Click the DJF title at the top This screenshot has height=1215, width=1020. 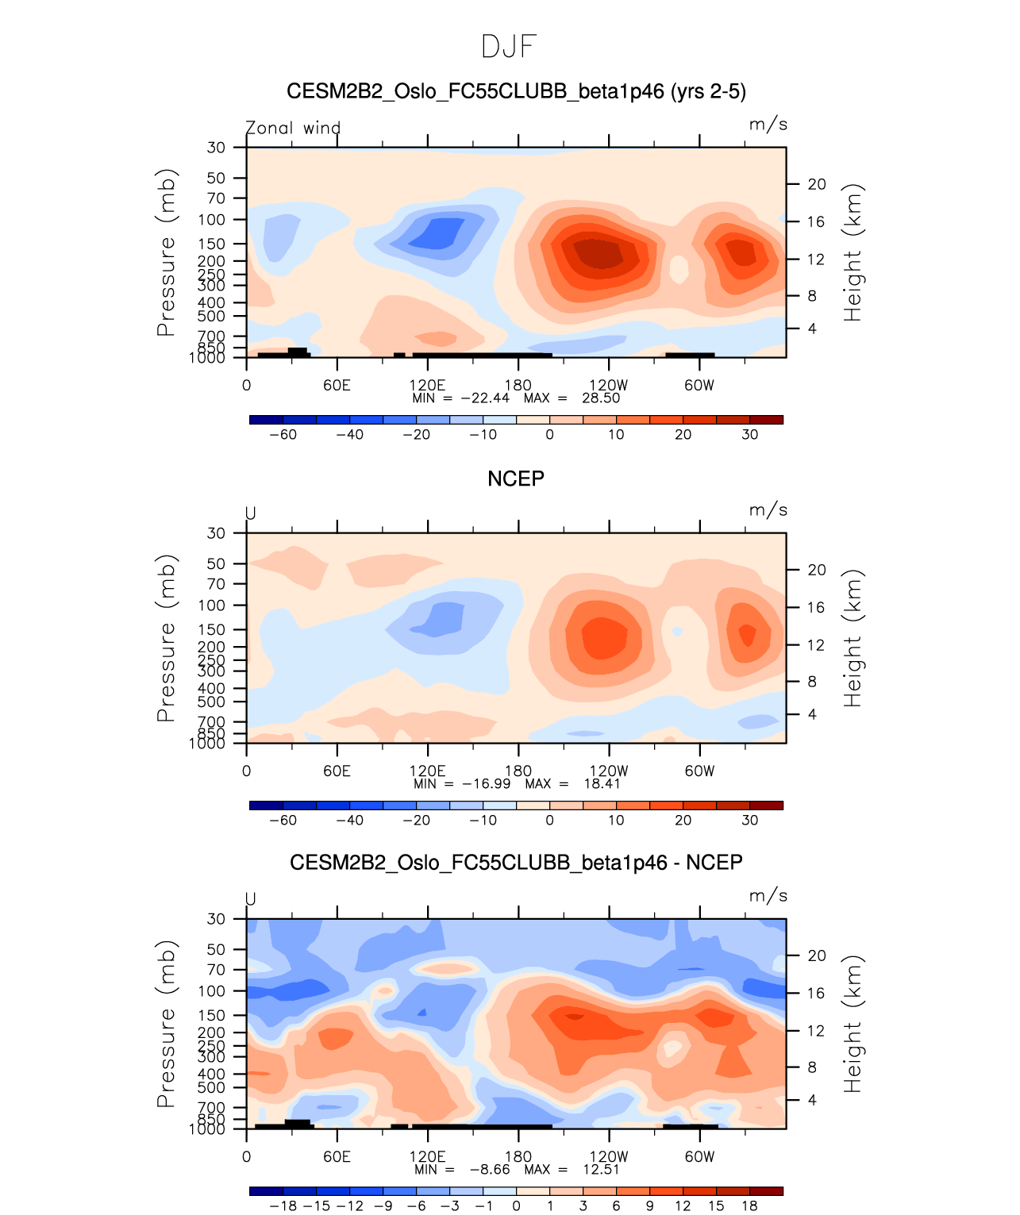[510, 47]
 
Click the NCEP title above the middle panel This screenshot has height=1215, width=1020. [515, 479]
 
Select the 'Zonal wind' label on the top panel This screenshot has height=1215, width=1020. [293, 128]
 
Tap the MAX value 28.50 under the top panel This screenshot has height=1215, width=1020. [601, 398]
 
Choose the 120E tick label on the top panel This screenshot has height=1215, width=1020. [427, 386]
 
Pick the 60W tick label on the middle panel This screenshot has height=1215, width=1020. [699, 771]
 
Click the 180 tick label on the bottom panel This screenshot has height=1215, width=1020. [518, 1157]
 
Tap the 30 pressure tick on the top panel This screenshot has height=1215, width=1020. [216, 148]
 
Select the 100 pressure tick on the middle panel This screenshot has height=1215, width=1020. [212, 606]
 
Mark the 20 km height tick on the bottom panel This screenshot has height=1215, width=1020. [817, 956]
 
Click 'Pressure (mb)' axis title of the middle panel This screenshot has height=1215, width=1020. [165, 638]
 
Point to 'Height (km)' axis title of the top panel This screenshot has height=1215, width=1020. [853, 252]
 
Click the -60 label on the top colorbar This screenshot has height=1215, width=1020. [283, 435]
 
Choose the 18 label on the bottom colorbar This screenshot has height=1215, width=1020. [749, 1206]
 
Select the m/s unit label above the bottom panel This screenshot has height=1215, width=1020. [768, 896]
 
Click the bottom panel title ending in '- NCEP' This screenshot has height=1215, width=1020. [516, 863]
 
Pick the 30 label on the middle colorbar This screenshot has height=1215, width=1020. [749, 821]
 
